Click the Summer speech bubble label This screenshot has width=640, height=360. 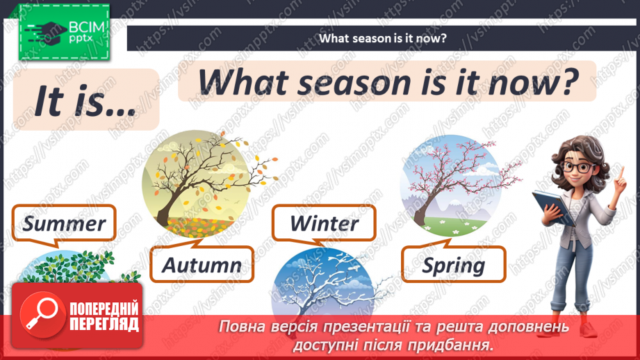(63, 223)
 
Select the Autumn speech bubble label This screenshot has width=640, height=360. (202, 264)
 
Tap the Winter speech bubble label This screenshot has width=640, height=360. (324, 223)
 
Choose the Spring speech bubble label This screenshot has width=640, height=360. (454, 265)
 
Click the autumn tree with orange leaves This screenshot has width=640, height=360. (199, 184)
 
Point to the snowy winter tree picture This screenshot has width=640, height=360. (324, 285)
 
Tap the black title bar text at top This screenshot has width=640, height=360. (382, 38)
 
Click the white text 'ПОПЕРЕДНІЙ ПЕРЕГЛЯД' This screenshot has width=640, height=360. (104, 317)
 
